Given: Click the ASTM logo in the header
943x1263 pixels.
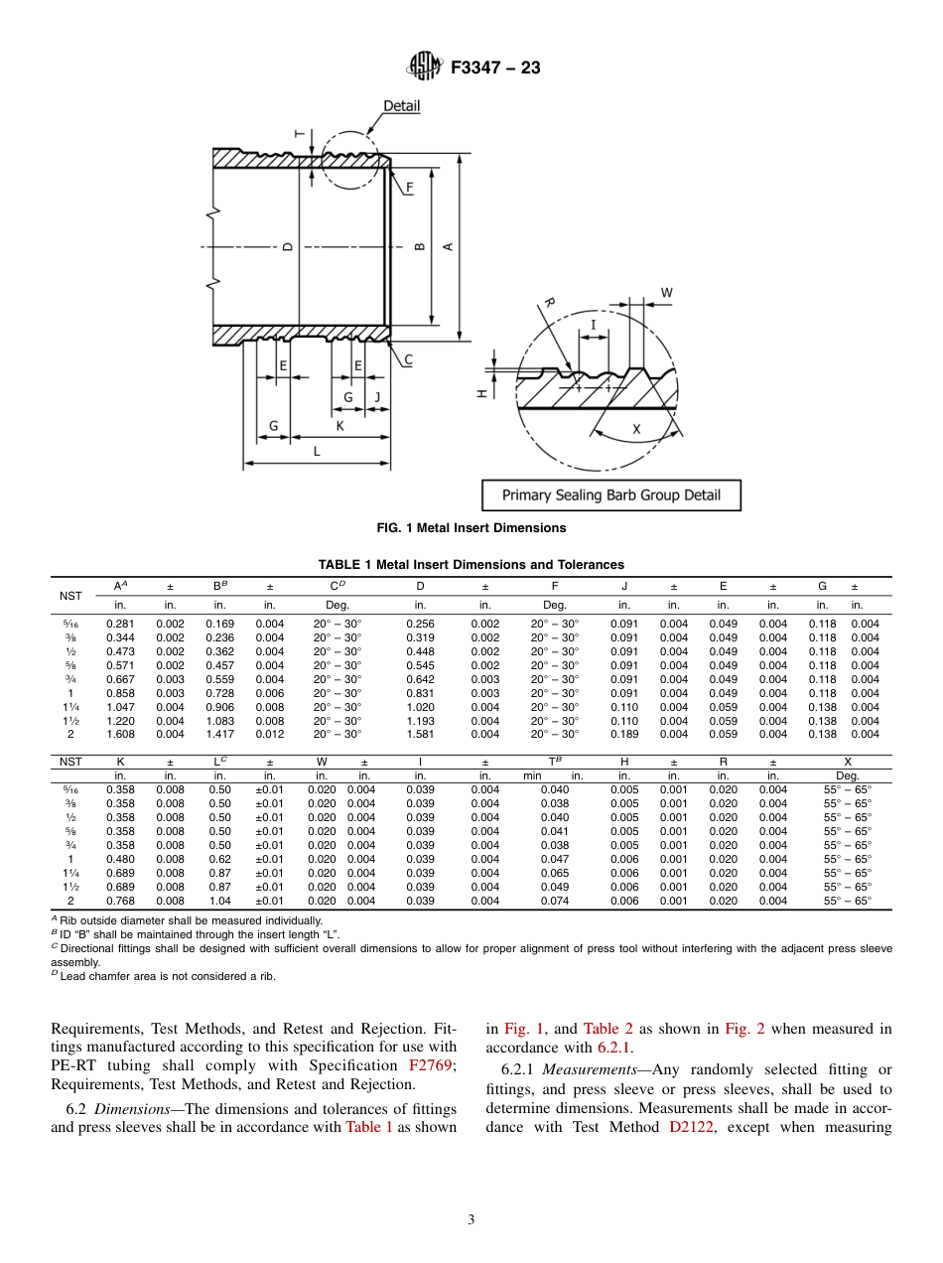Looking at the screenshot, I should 425,68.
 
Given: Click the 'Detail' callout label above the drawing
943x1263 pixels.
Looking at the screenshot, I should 401,106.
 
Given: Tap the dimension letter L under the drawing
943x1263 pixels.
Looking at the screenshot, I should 316,451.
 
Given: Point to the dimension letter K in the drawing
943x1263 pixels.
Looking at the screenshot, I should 339,425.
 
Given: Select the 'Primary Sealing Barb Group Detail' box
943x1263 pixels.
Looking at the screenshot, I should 611,494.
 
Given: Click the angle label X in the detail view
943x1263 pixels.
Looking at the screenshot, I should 636,429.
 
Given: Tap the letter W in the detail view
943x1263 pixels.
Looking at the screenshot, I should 666,293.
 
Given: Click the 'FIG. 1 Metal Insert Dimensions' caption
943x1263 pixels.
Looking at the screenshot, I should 471,528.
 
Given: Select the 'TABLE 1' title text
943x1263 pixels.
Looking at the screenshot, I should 471,564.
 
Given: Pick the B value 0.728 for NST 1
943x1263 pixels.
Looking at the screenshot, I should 219,693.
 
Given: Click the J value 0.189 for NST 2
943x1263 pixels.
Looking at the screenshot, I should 623,735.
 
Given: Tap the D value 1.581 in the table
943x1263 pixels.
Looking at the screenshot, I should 420,735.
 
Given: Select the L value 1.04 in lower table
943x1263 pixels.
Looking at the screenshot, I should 219,901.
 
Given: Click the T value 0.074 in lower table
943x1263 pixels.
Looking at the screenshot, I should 555,901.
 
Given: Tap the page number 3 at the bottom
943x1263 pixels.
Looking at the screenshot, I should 471,1219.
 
